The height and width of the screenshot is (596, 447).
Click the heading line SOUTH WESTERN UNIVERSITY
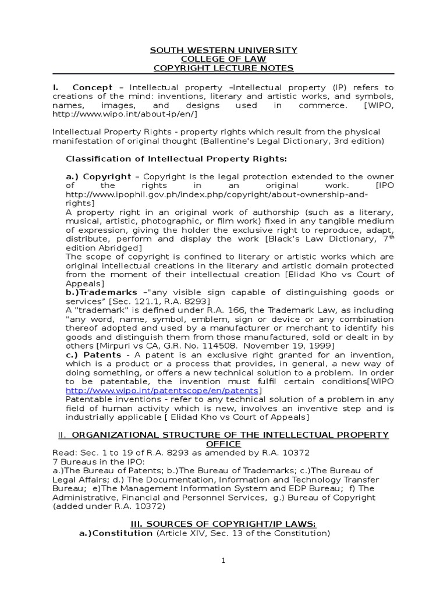point(223,50)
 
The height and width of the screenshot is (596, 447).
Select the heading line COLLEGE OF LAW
point(223,59)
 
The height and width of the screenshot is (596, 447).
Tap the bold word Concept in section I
point(93,87)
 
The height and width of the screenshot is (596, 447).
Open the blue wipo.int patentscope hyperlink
point(162,391)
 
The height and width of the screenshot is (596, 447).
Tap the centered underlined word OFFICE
point(224,444)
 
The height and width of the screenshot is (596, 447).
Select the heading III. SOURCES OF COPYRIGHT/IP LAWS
point(223,524)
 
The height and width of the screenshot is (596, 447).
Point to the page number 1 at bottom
point(223,560)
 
